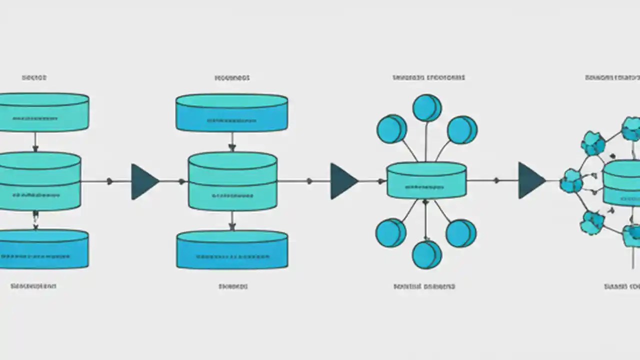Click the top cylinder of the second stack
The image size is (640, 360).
tap(231, 112)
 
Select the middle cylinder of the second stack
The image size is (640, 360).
tap(232, 181)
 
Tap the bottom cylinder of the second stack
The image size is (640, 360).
tap(232, 249)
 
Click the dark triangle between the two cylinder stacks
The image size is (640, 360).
tap(143, 181)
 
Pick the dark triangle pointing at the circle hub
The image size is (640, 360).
tap(342, 181)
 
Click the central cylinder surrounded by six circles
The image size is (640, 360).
tap(426, 180)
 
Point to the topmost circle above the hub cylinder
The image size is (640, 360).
tap(426, 107)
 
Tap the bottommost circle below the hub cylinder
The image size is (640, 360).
tap(426, 254)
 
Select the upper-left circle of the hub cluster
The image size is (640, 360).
tap(391, 129)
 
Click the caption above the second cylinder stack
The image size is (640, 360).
tap(232, 78)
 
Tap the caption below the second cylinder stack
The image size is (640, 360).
tap(233, 286)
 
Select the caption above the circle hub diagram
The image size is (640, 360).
tap(428, 77)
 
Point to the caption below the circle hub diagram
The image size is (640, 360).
tap(424, 286)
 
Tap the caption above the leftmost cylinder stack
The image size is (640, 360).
tap(34, 77)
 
